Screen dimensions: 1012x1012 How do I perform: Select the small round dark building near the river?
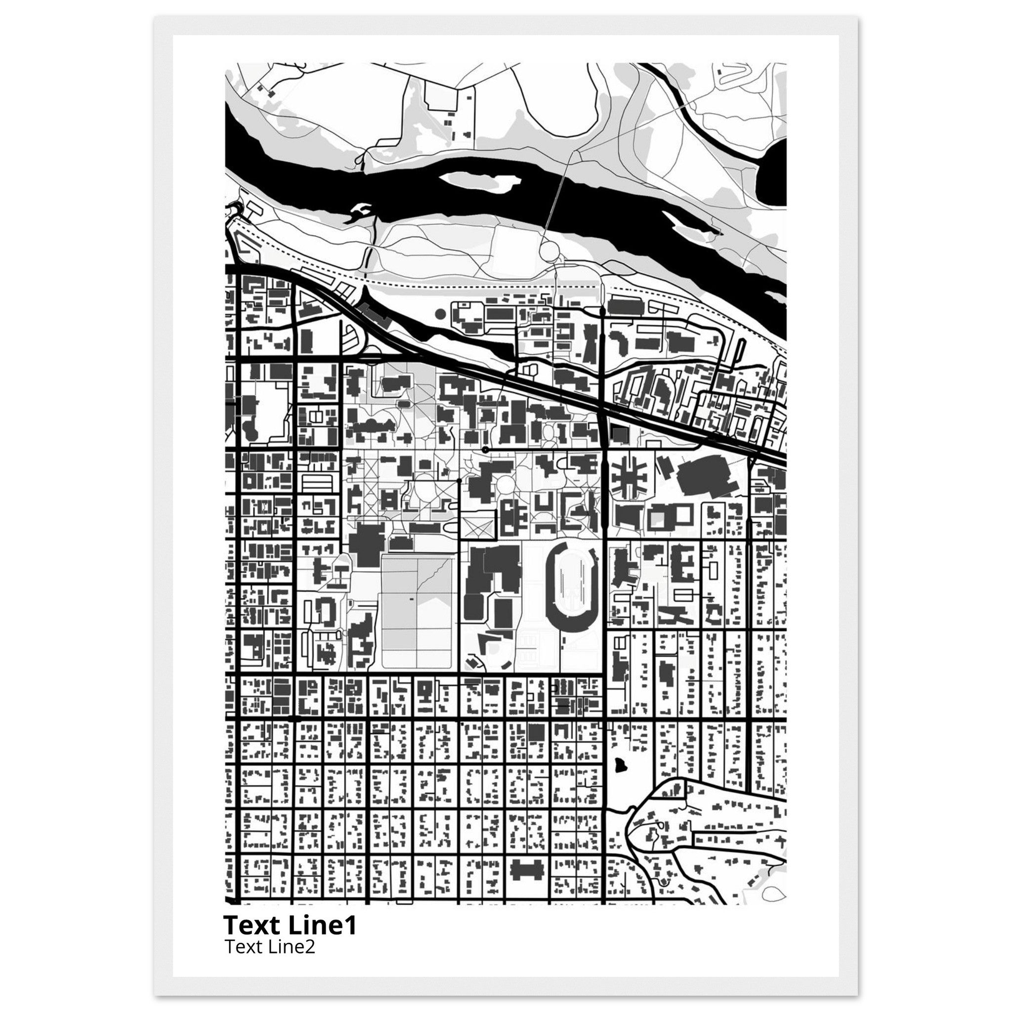point(440,314)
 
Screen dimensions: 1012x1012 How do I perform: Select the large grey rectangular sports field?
point(417,612)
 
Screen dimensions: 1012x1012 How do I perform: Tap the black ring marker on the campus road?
point(485,450)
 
